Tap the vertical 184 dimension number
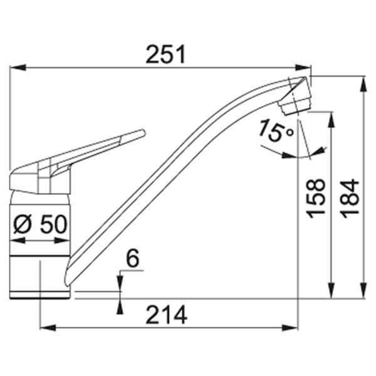tap(352, 198)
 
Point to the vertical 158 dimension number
tap(317, 198)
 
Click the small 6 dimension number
tap(132, 257)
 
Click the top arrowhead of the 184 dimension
tap(363, 81)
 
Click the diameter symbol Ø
tap(21, 224)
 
